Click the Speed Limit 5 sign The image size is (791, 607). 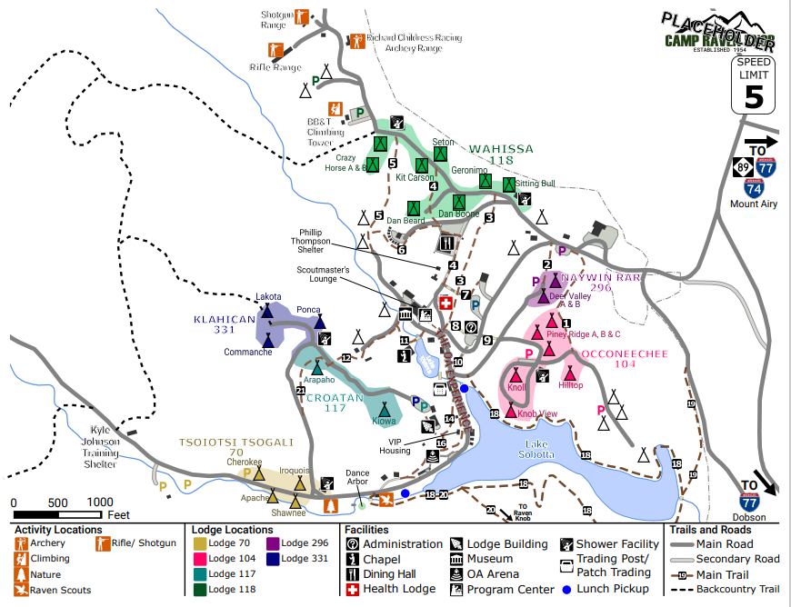(754, 84)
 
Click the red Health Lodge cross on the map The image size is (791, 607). (446, 303)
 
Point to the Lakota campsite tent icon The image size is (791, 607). (268, 312)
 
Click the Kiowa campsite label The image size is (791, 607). (385, 422)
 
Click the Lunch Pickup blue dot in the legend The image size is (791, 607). (566, 589)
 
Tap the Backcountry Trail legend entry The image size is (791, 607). (727, 589)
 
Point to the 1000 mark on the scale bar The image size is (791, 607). (100, 503)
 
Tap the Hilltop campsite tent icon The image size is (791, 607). (571, 373)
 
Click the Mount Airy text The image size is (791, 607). (754, 204)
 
